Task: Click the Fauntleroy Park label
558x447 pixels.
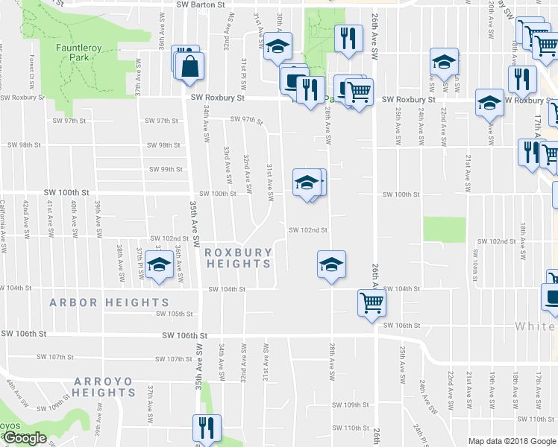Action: point(78,53)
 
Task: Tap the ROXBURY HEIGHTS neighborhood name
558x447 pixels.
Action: point(238,259)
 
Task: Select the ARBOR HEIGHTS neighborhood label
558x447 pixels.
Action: point(110,302)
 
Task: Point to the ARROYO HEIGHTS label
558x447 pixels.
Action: point(104,387)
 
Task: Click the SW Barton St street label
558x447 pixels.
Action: point(201,4)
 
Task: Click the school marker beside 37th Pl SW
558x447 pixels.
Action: point(158,265)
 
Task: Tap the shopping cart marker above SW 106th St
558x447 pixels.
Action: point(371,302)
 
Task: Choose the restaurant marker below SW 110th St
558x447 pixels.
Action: point(203,428)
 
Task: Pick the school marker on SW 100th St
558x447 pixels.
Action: point(307,183)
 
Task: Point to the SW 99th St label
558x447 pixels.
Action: point(165,169)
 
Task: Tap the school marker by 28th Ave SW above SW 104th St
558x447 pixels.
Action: point(331,263)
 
